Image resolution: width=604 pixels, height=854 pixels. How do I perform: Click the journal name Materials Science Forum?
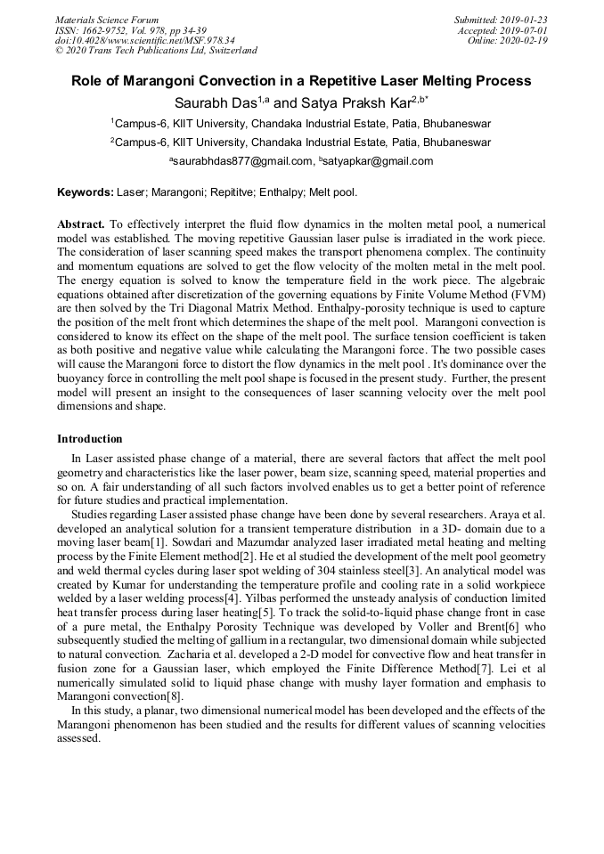(x=107, y=20)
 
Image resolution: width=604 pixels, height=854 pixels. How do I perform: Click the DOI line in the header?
(x=145, y=40)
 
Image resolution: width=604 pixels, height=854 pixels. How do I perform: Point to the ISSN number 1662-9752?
(x=106, y=30)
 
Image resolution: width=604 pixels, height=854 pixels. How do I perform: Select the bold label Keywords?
(x=86, y=191)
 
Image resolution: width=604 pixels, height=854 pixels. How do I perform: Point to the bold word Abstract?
(x=82, y=224)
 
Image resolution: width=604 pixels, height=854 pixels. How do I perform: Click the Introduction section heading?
(x=90, y=439)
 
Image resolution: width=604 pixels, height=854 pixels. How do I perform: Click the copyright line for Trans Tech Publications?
(x=156, y=51)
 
